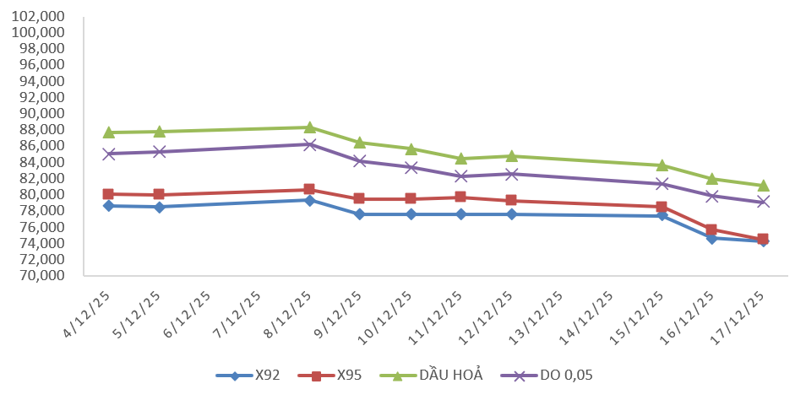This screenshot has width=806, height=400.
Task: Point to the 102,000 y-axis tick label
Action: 41,16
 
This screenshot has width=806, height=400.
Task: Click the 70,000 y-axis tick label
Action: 41,276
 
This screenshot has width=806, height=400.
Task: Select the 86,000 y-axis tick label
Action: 41,146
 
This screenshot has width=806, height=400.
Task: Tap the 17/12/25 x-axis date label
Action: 746,314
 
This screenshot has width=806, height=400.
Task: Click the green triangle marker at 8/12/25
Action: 310,127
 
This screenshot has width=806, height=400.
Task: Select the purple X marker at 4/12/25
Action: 108,154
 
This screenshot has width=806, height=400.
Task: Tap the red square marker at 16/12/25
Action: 712,230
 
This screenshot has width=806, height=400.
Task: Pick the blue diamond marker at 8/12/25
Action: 310,200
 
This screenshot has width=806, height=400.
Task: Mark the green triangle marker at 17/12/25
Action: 763,185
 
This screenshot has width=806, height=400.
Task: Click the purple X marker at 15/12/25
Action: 662,184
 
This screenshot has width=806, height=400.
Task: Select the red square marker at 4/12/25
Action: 108,194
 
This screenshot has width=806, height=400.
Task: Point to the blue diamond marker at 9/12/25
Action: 360,214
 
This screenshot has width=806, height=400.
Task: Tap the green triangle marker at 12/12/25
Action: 512,156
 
